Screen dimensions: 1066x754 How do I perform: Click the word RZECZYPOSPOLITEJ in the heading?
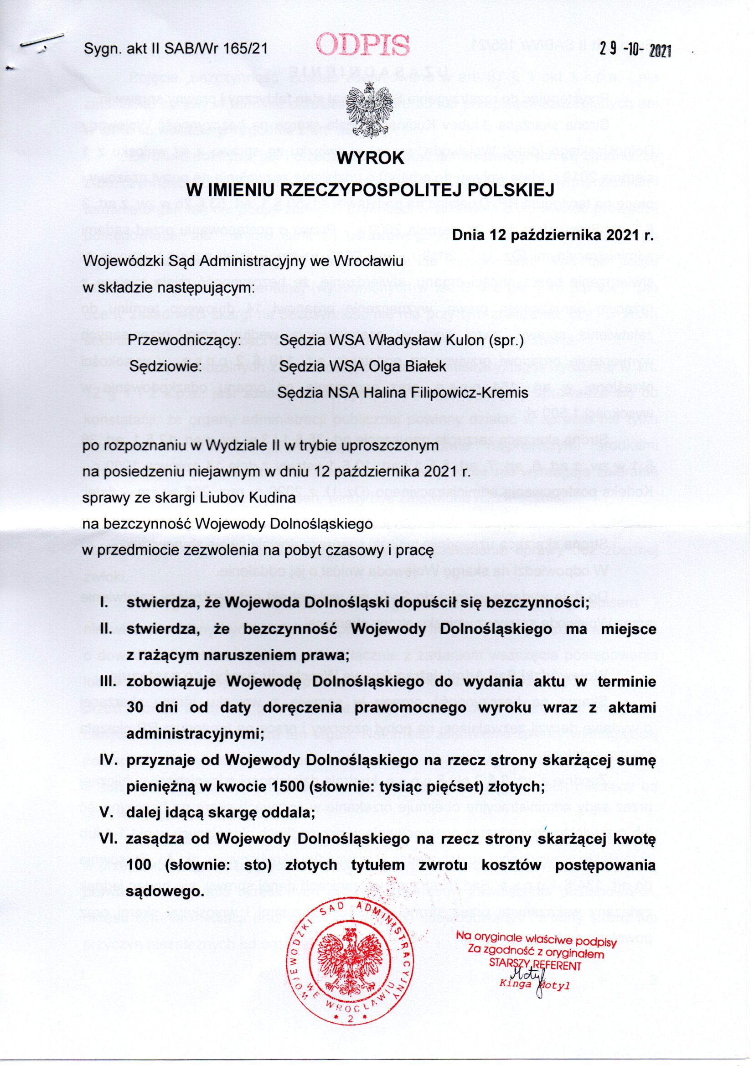[x=357, y=189]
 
